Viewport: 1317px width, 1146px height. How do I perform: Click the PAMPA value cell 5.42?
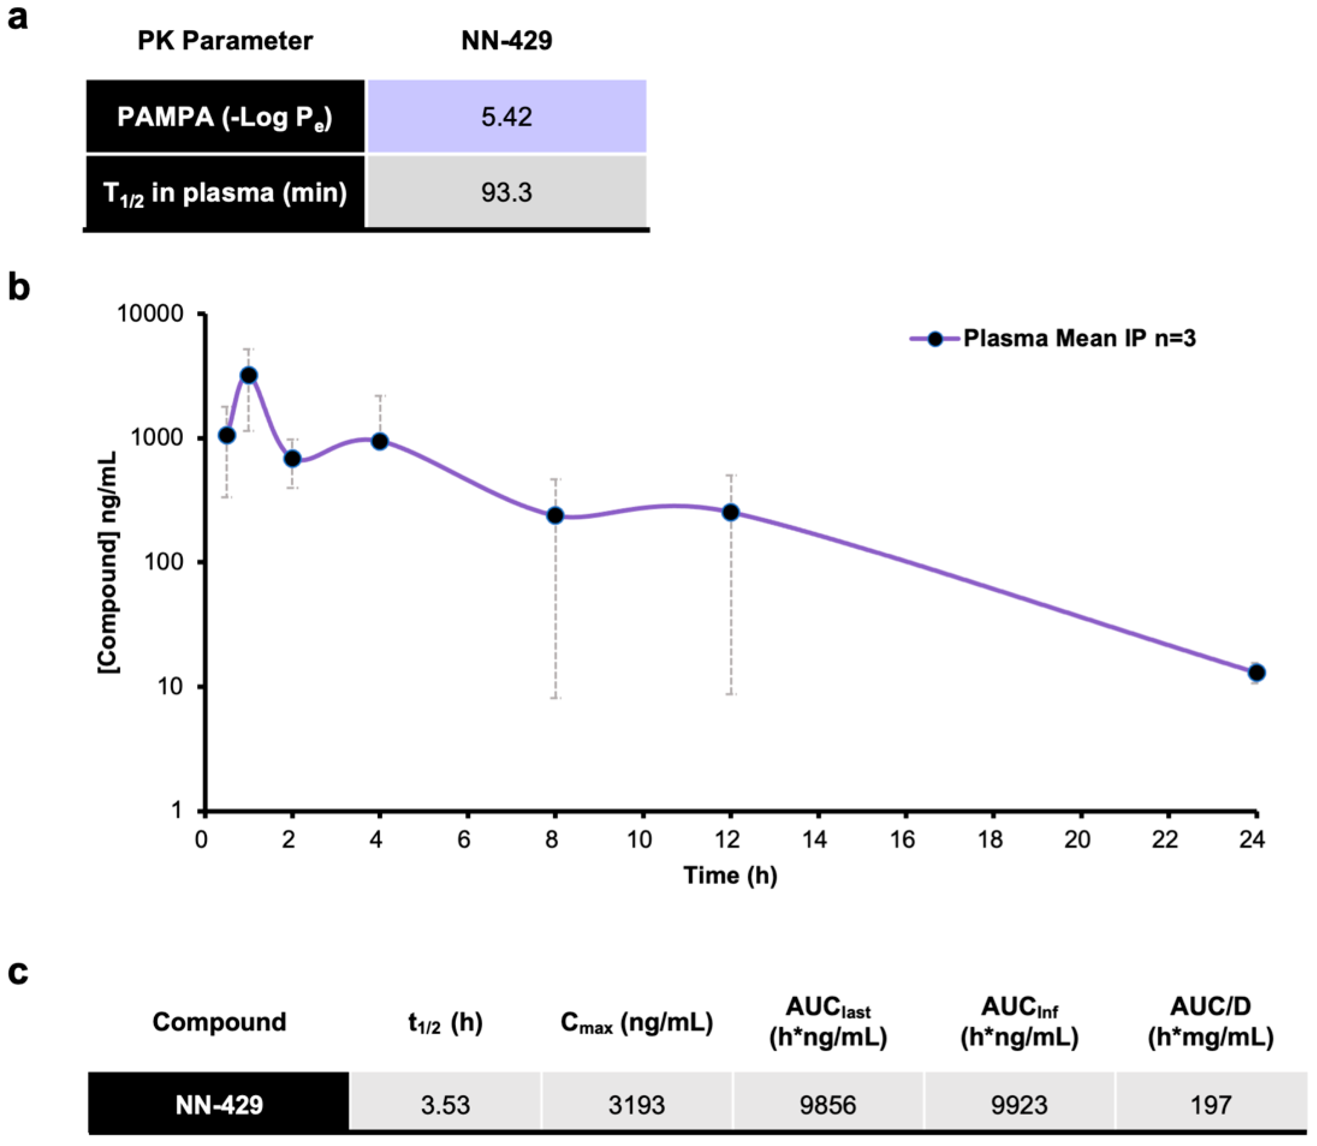(x=506, y=116)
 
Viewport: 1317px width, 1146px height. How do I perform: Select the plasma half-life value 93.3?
(x=506, y=192)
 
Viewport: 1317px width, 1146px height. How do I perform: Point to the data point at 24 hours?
(x=1256, y=672)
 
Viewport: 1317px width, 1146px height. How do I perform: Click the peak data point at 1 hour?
(x=249, y=375)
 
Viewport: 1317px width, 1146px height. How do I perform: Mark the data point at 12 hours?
(x=730, y=512)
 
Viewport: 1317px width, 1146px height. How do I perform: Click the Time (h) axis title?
(x=730, y=875)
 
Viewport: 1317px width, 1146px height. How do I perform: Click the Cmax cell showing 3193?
(x=636, y=1105)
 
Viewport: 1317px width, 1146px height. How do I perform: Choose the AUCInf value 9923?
(x=1019, y=1105)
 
